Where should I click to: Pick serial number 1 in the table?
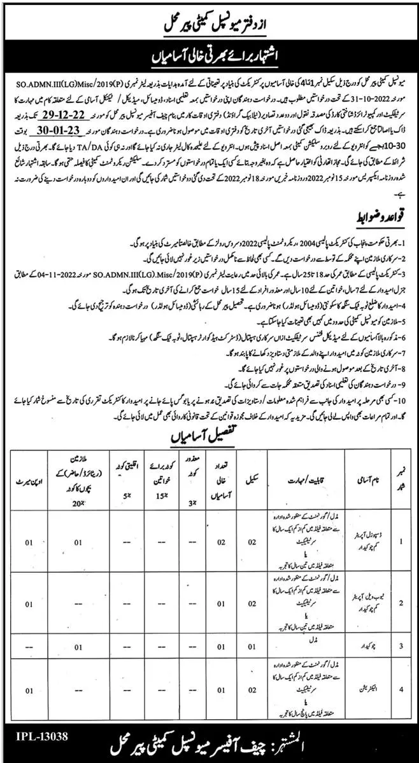[x=401, y=525]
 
